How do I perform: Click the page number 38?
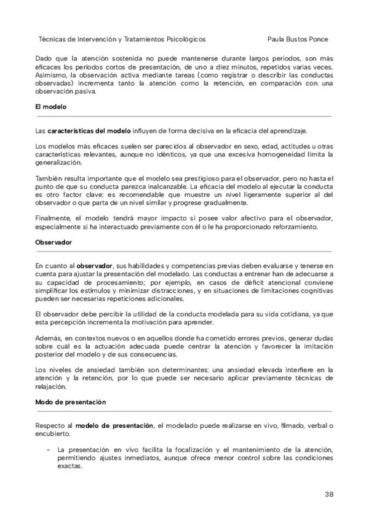coord(328,494)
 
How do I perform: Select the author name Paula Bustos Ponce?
coord(299,38)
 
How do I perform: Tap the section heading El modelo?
coord(50,107)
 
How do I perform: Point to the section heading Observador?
coord(54,242)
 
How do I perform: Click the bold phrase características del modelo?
coord(89,131)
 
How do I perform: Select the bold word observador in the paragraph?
coord(93,265)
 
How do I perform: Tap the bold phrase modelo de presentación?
coord(115,425)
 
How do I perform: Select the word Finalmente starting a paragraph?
coord(54,217)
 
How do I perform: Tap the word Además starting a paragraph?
coord(48,338)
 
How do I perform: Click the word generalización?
coord(58,163)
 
